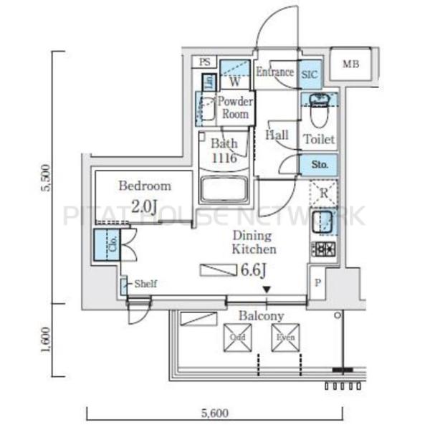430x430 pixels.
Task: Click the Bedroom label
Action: pyautogui.click(x=145, y=186)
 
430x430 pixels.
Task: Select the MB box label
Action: pyautogui.click(x=350, y=64)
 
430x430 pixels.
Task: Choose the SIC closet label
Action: pyautogui.click(x=310, y=74)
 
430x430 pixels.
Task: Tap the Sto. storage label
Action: pyautogui.click(x=320, y=165)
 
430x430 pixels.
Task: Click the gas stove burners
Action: pyautogui.click(x=322, y=250)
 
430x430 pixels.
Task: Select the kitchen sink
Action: pyautogui.click(x=323, y=221)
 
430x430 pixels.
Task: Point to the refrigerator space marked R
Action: pyautogui.click(x=323, y=192)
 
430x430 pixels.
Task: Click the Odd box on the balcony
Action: pyautogui.click(x=236, y=338)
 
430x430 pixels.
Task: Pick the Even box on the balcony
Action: pyautogui.click(x=284, y=338)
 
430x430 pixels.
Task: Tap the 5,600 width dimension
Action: pyautogui.click(x=214, y=413)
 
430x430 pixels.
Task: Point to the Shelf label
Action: pyautogui.click(x=145, y=284)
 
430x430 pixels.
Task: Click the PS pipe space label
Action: pyautogui.click(x=206, y=62)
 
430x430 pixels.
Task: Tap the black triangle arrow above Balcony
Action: pyautogui.click(x=266, y=290)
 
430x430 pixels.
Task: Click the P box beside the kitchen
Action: pyautogui.click(x=318, y=282)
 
